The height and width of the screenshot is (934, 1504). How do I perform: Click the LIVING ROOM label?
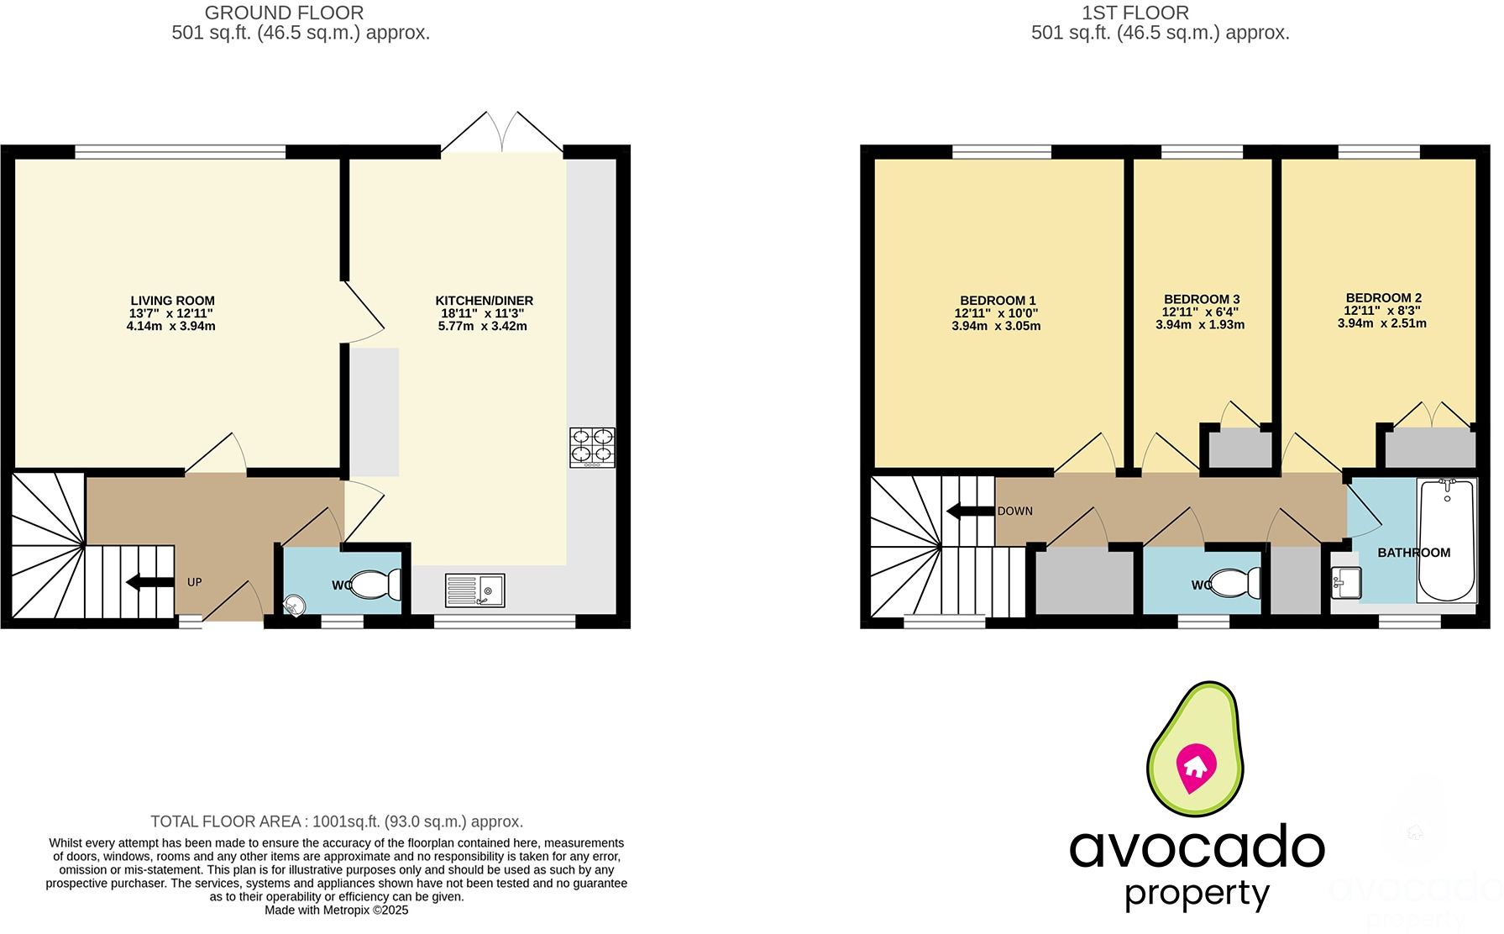pos(172,301)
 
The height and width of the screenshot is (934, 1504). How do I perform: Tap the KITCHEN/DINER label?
pos(484,301)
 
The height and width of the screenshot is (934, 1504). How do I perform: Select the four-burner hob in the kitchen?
pos(592,448)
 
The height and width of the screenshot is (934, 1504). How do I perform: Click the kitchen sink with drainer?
pos(474,590)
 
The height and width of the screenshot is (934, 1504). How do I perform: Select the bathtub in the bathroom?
pos(1446,540)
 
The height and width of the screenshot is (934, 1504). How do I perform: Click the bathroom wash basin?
pos(1346,582)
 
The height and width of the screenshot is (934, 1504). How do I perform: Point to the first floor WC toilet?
pos(1236,582)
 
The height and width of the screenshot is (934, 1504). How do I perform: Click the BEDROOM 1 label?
pos(998,301)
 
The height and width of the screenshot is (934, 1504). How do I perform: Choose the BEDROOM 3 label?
pos(1202,299)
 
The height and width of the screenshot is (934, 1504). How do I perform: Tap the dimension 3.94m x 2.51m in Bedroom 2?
pos(1381,323)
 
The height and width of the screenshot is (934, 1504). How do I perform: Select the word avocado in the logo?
pos(1197,848)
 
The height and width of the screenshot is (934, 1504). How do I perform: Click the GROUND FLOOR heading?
pos(284,13)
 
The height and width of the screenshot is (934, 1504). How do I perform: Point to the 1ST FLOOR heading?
pos(1135,13)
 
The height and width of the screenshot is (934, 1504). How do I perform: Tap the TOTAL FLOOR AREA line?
pos(337,821)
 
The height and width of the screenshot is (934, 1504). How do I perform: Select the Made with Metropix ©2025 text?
pos(337,910)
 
